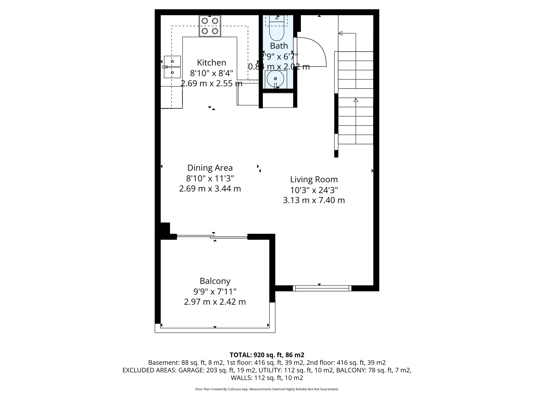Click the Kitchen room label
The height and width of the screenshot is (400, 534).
211,63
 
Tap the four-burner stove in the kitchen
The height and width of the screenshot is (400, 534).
210,26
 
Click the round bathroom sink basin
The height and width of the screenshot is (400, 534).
276,79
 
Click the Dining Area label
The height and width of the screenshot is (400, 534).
210,168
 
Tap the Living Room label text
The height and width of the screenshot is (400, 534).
314,179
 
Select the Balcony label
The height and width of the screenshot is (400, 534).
215,281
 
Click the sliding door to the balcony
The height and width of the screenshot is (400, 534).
212,237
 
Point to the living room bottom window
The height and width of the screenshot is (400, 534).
322,288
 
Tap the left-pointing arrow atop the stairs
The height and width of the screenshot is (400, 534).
340,33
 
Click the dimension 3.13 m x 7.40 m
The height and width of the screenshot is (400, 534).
314,200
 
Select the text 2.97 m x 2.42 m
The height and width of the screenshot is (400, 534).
215,302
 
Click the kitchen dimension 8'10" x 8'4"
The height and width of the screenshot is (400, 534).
211,73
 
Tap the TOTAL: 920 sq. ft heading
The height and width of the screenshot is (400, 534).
267,355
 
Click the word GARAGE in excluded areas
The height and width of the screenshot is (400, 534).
191,370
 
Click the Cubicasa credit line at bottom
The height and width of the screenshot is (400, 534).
267,389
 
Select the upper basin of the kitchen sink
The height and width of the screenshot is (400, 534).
172,61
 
